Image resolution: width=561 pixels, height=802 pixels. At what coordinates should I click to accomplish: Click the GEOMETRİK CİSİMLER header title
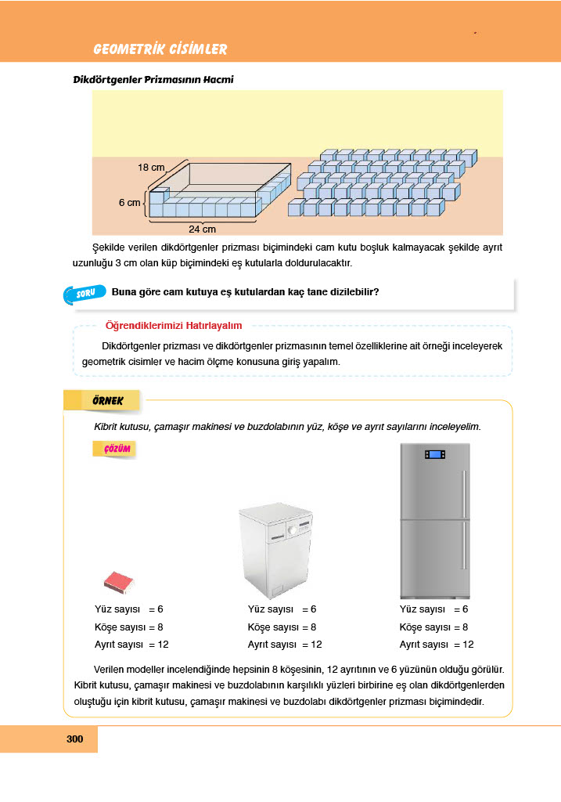click(160, 49)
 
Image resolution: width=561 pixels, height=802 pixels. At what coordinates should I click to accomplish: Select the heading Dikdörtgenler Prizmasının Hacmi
click(153, 80)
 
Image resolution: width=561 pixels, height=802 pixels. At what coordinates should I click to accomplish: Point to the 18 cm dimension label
click(152, 167)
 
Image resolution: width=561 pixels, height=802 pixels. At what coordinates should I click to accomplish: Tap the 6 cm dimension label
click(130, 202)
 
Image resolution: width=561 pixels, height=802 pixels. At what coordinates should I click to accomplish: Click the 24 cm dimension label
click(202, 229)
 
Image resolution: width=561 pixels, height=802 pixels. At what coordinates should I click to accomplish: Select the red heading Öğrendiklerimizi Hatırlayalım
click(174, 325)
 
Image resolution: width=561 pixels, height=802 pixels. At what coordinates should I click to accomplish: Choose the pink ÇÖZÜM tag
click(114, 449)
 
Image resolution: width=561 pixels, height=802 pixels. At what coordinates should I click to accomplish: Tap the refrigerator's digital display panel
click(434, 454)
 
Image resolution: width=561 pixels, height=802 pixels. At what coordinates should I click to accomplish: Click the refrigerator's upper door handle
click(464, 493)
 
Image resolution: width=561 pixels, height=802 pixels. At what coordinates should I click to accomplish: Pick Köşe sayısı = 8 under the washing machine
click(282, 627)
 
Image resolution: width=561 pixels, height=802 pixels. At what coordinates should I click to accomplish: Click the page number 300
click(75, 739)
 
